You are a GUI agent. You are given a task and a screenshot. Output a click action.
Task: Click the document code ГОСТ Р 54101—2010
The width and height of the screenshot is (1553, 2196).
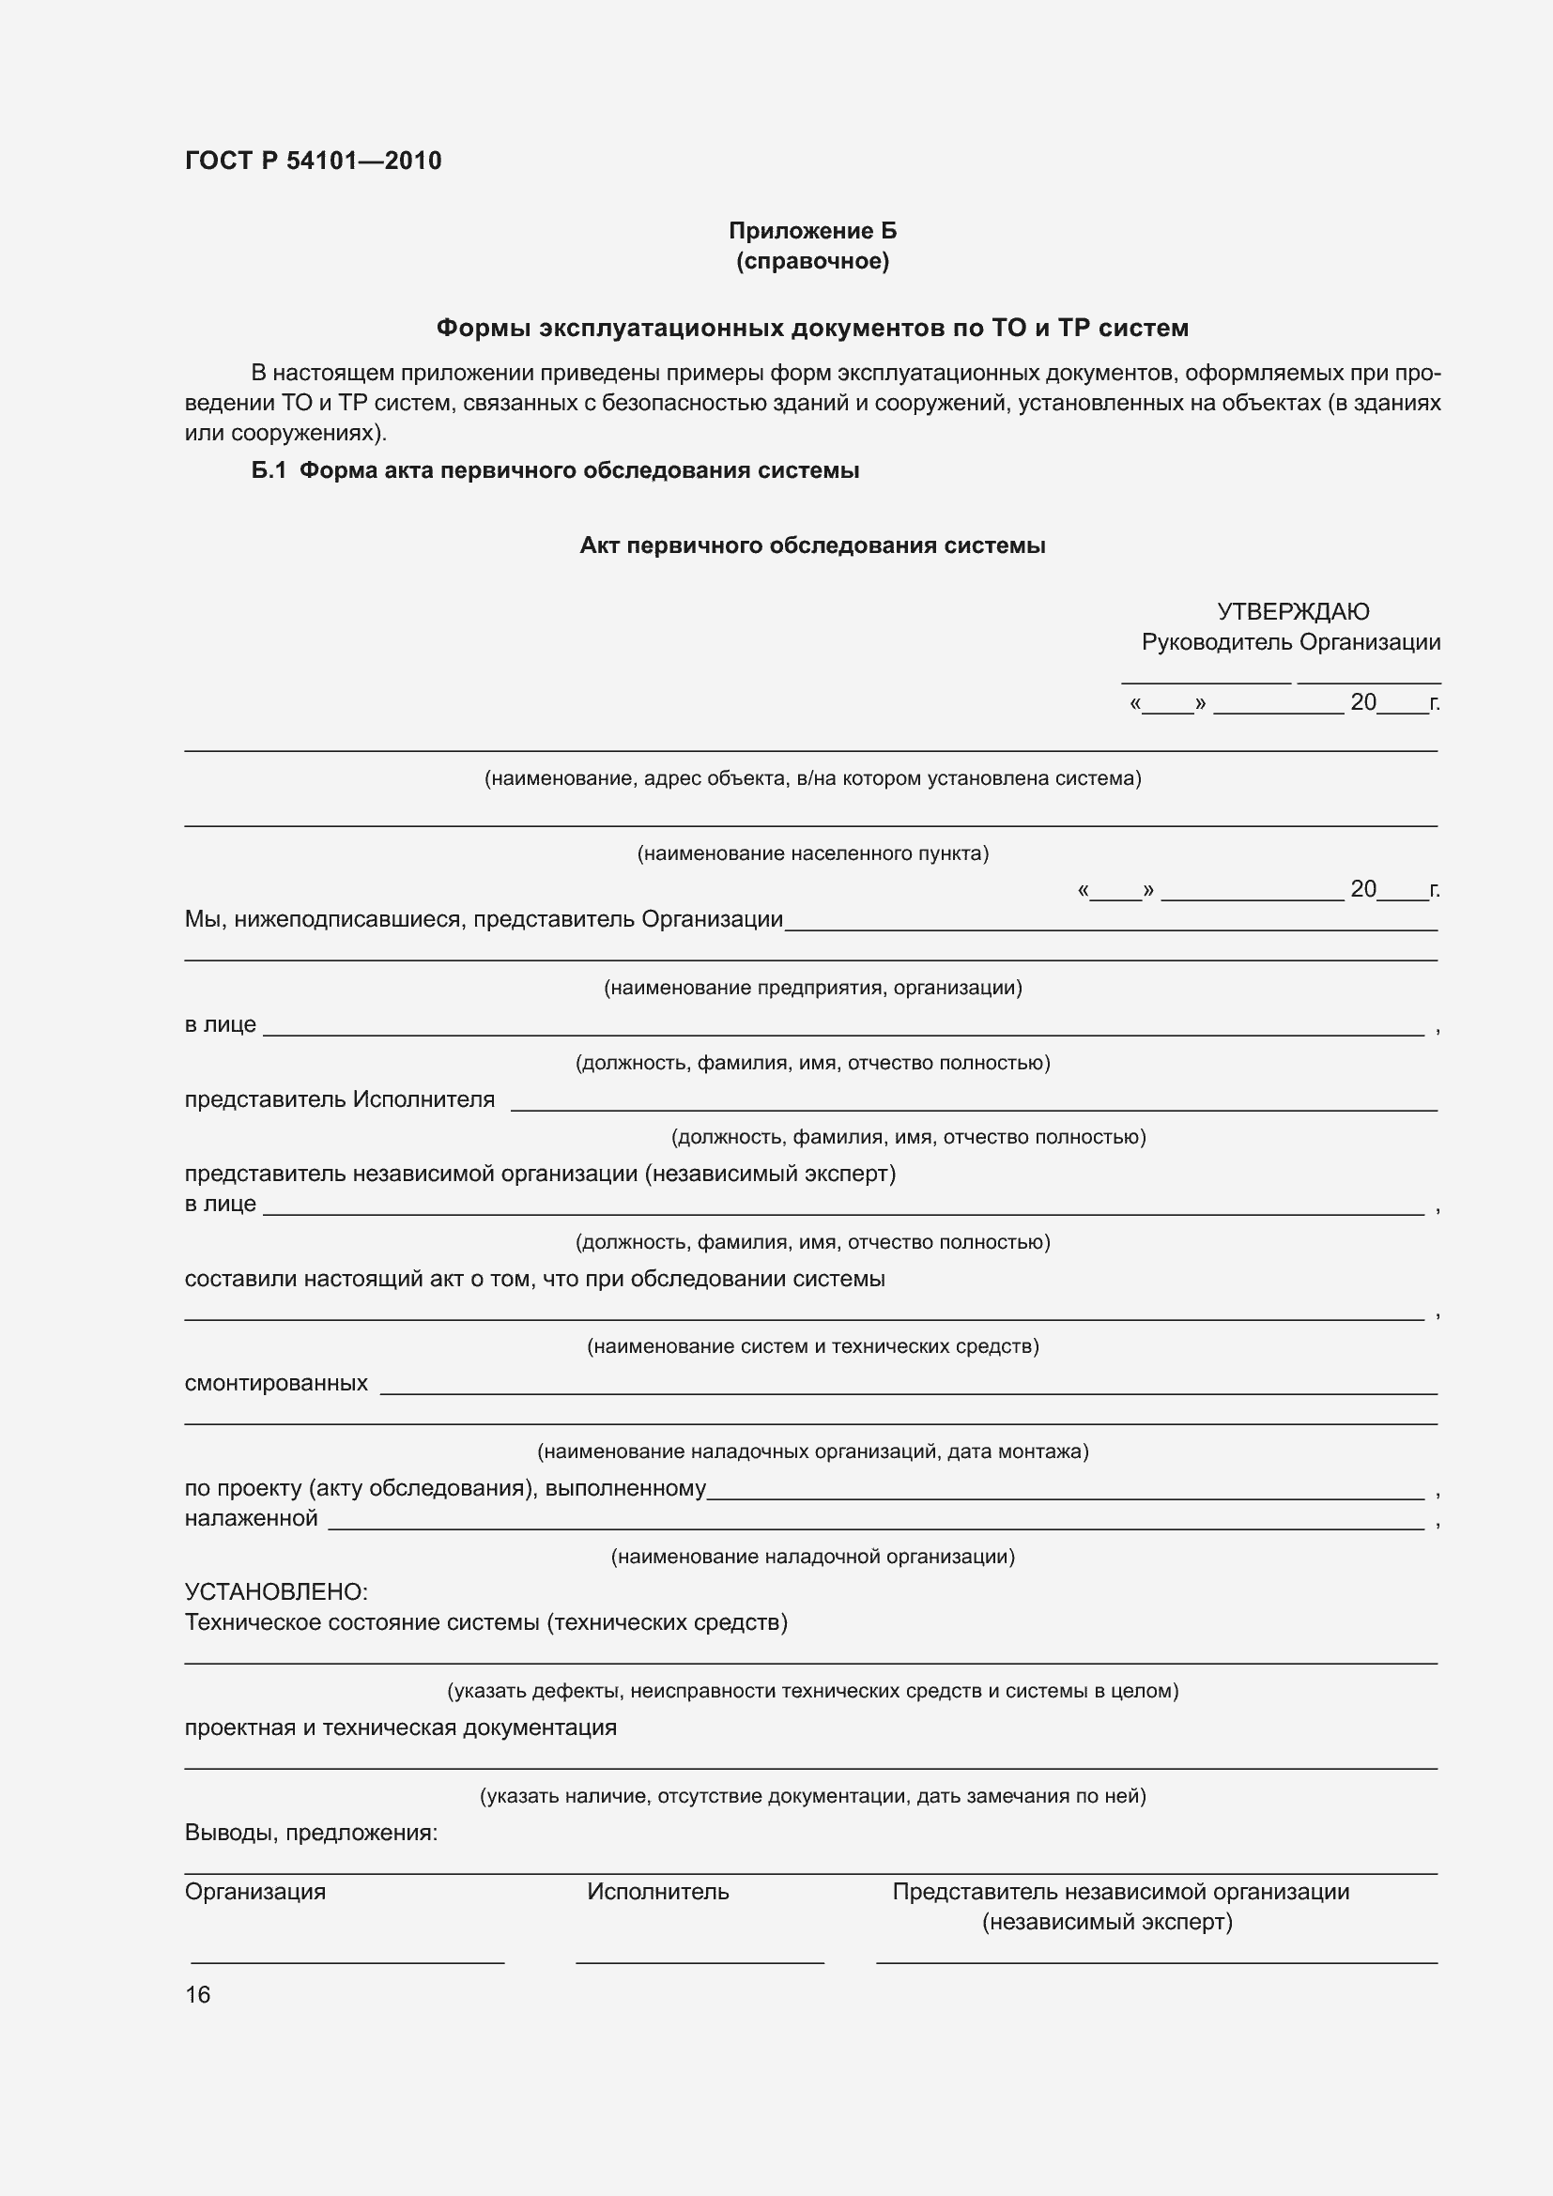tap(313, 161)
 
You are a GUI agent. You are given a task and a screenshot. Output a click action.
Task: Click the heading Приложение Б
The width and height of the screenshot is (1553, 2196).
tap(812, 231)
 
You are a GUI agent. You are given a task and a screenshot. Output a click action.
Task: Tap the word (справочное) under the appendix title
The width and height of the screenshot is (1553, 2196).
tap(812, 261)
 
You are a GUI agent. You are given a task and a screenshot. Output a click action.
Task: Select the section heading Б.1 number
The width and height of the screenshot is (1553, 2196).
tap(269, 470)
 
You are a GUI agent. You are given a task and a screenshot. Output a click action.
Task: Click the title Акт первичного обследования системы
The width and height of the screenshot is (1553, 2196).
tap(812, 545)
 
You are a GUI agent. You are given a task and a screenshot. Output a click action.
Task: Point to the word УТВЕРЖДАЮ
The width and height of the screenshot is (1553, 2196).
tap(1293, 611)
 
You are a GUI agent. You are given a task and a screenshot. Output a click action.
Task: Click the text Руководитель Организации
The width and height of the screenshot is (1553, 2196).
tap(1290, 642)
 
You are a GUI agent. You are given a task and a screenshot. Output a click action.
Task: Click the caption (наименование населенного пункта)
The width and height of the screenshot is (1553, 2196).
tap(812, 853)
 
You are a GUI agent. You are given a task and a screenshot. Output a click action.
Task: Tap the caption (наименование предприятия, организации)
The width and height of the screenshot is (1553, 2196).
tap(812, 987)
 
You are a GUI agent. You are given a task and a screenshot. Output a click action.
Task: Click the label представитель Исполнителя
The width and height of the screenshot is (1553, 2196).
tap(340, 1099)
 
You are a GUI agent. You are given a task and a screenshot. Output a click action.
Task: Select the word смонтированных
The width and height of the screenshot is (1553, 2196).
tap(275, 1383)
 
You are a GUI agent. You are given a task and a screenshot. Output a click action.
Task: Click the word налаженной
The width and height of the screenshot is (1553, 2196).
tap(251, 1518)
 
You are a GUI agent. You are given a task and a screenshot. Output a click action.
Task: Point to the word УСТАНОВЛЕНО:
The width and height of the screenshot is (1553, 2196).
tap(275, 1591)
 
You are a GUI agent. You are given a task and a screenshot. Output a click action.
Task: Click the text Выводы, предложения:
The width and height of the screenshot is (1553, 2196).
tap(311, 1833)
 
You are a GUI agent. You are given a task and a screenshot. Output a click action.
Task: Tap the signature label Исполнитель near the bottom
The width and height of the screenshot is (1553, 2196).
tap(658, 1891)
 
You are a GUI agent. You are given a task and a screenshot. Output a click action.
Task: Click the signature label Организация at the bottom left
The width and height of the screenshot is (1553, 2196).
tap(254, 1891)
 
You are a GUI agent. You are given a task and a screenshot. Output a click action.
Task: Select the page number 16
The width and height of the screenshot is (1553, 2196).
tap(197, 1994)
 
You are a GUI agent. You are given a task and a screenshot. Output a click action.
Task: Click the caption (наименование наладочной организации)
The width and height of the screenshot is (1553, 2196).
tap(812, 1556)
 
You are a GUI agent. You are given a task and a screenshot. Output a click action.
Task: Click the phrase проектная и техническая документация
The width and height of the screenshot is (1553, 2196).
tap(400, 1728)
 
